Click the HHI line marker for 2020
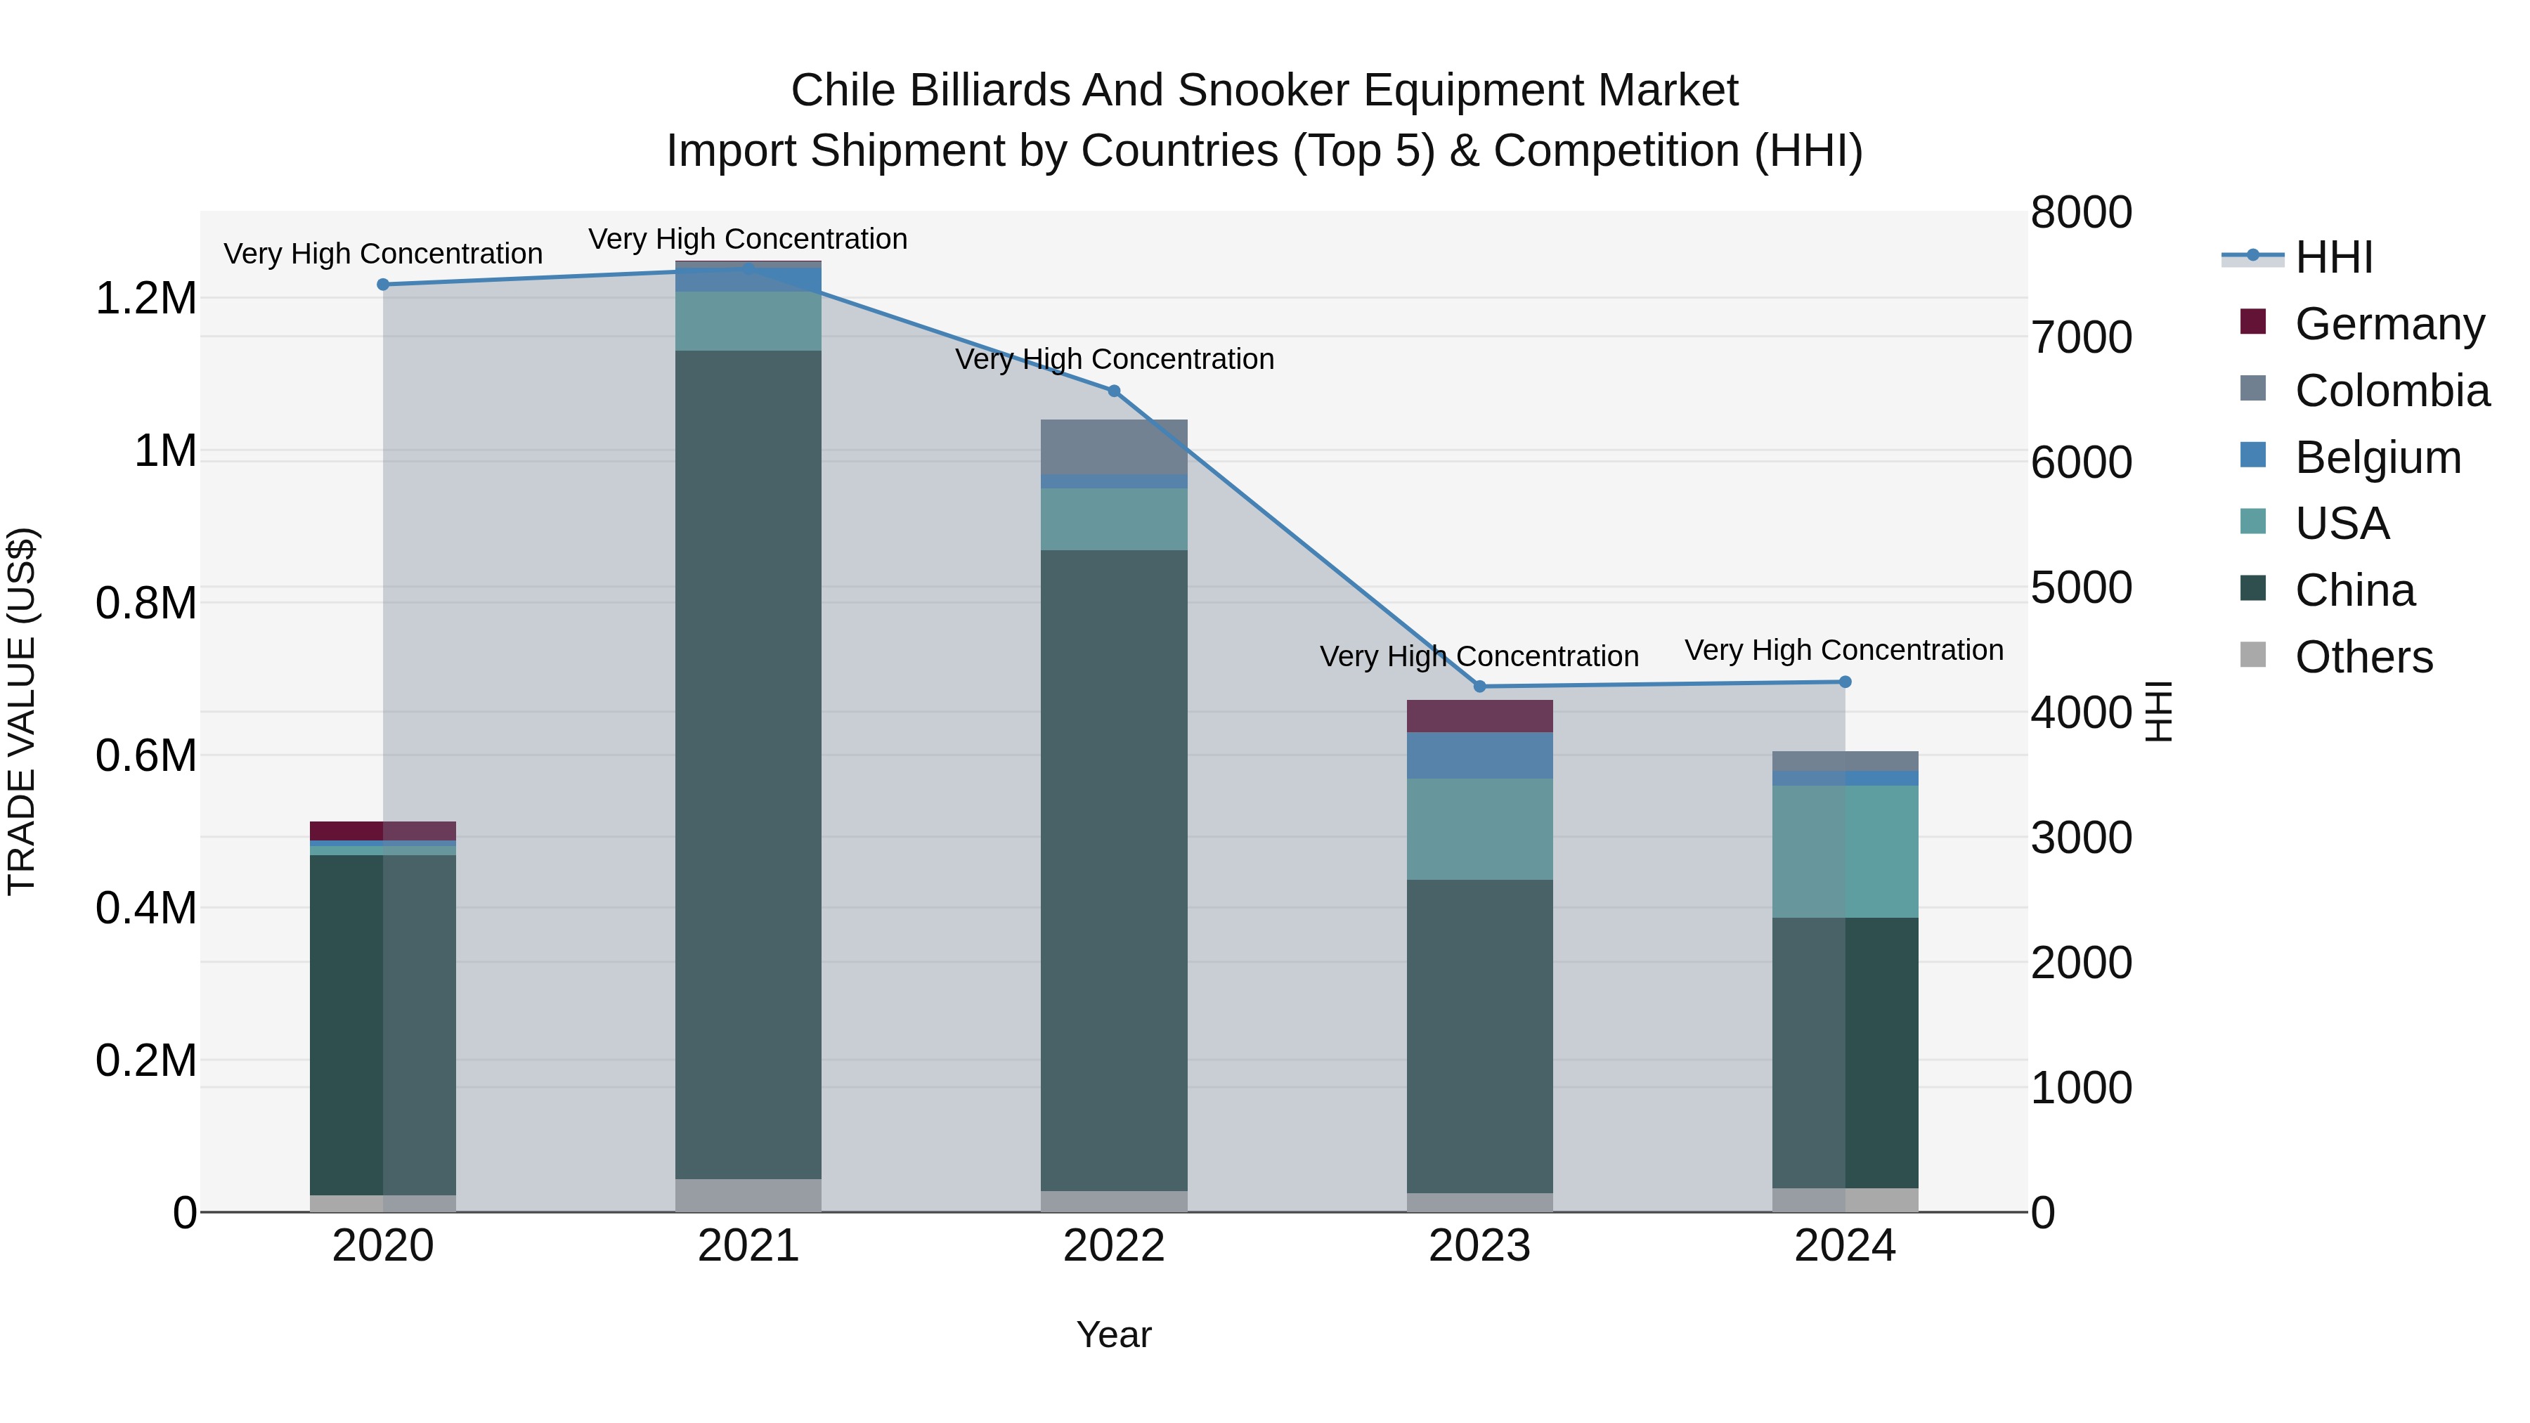tap(383, 285)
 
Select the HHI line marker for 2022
tap(1114, 391)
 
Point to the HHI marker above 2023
tap(1480, 687)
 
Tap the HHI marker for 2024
tap(1845, 682)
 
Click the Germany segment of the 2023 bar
tap(1479, 716)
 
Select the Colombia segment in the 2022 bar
tap(1114, 447)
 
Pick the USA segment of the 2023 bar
tap(1479, 829)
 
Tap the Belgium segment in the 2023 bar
tap(1479, 755)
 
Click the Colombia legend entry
tap(2392, 391)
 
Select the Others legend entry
tap(2363, 657)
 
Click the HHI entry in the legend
tap(2333, 257)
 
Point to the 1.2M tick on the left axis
tap(146, 299)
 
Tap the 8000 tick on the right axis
tap(2080, 213)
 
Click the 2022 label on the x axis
tap(1114, 1246)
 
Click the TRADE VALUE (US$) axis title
tap(22, 711)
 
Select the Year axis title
tap(1114, 1334)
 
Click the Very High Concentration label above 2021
tap(748, 239)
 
